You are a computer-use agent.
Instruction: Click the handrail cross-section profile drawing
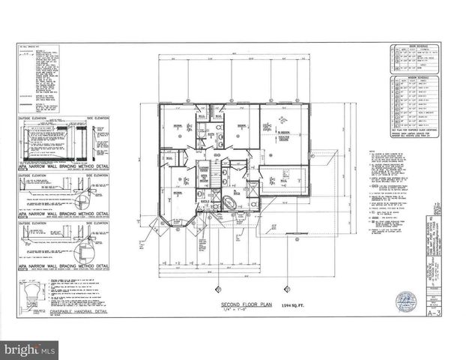pos(30,295)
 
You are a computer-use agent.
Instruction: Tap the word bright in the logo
pos(24,349)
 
